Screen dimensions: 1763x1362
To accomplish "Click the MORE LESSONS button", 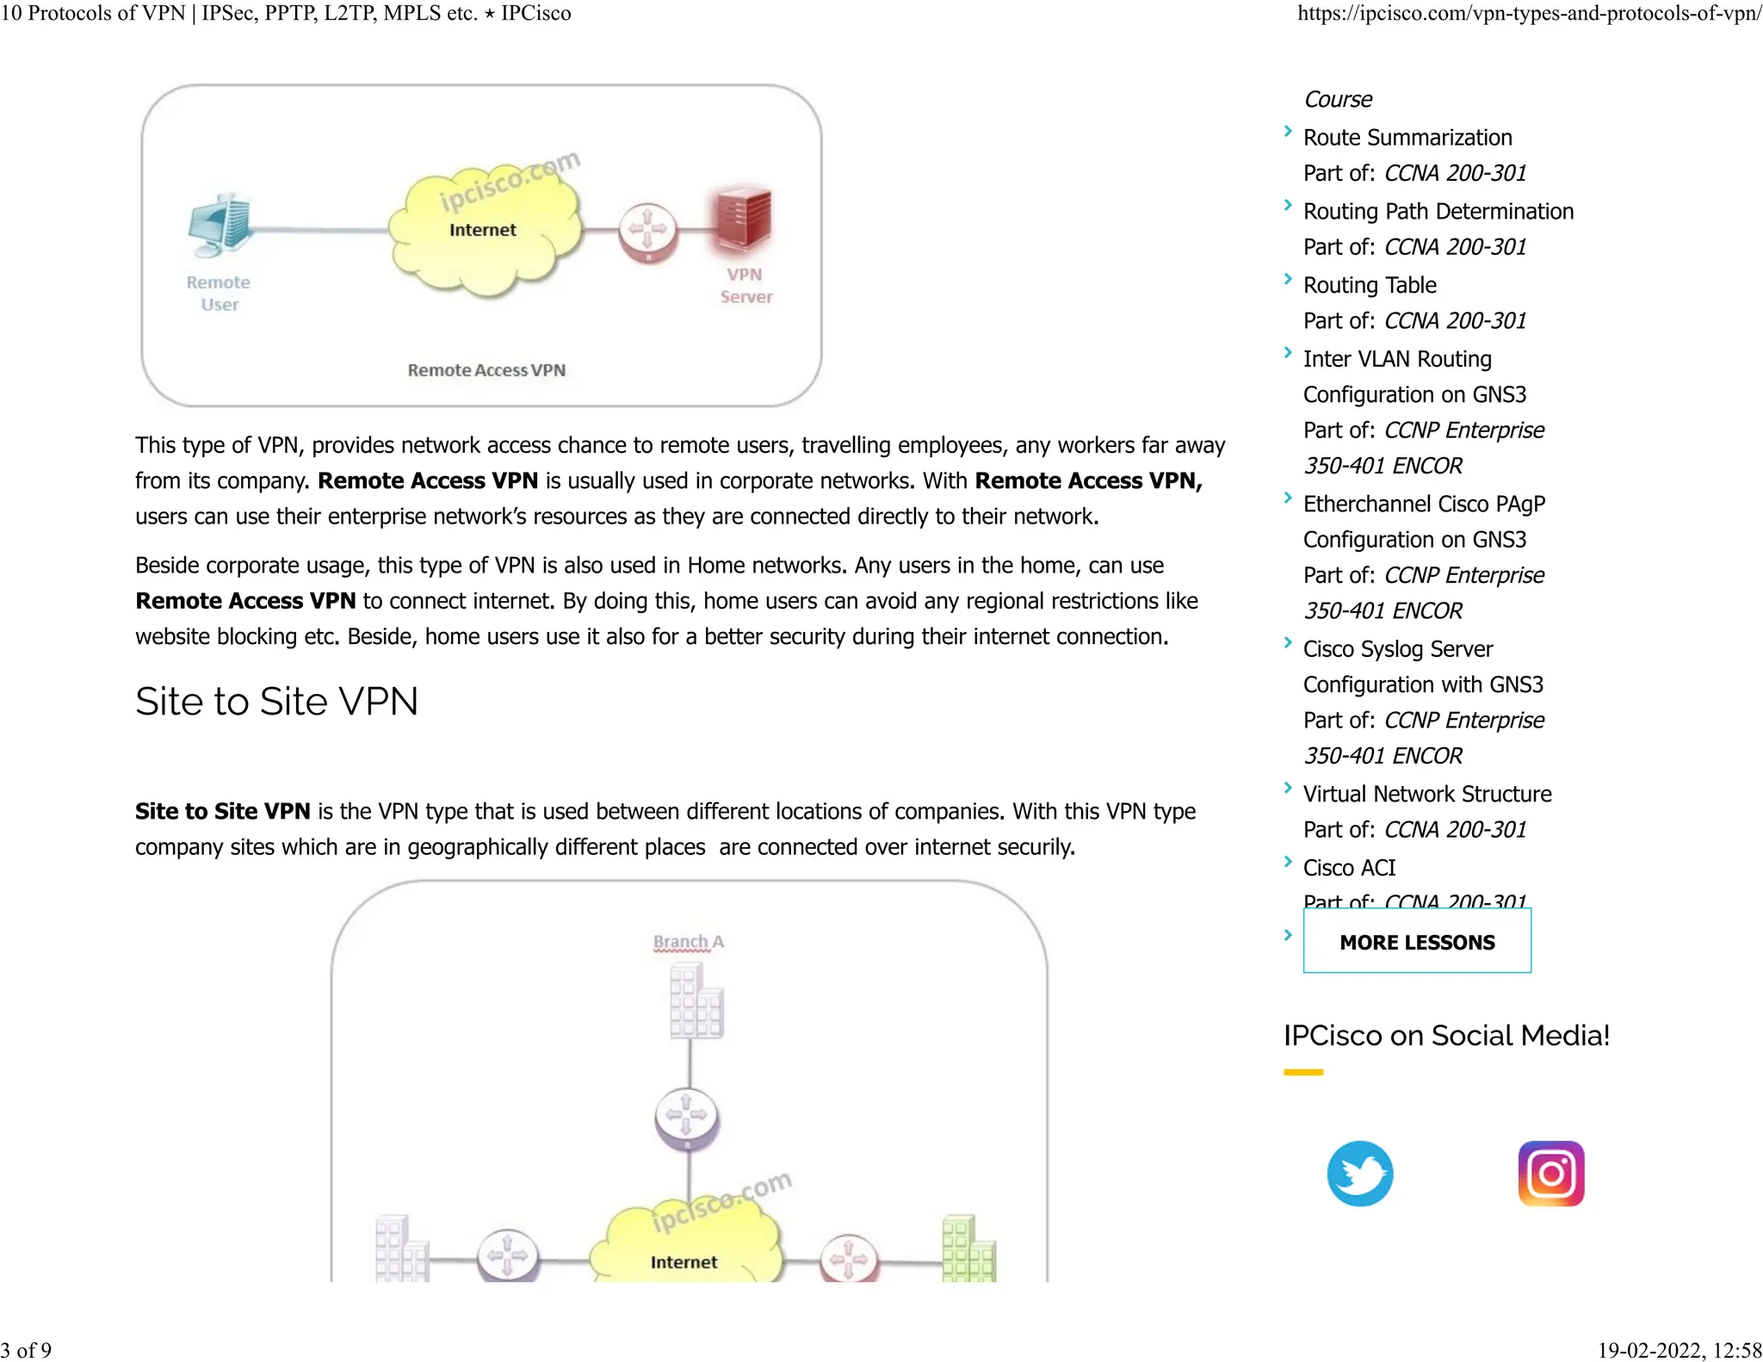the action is [x=1416, y=942].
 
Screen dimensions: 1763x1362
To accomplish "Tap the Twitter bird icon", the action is [x=1359, y=1173].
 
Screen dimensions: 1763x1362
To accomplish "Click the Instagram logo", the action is [x=1550, y=1173].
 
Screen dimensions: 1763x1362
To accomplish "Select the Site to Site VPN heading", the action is [x=276, y=701].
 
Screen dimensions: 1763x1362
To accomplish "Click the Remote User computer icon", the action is [x=220, y=225].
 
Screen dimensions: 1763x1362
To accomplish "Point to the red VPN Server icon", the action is [x=741, y=220].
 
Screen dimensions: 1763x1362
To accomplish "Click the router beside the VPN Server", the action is [x=647, y=231].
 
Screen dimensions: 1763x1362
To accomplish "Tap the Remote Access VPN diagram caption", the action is [x=486, y=370].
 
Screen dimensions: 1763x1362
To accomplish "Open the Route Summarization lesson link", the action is [x=1407, y=138].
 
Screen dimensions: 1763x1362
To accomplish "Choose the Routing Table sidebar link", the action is [x=1369, y=285].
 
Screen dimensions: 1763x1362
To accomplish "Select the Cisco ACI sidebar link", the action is [x=1349, y=868].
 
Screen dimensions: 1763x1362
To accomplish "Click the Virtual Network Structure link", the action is [x=1426, y=794].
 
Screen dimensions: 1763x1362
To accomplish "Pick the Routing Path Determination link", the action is [x=1438, y=212].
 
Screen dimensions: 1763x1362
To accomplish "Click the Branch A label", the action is [x=688, y=942].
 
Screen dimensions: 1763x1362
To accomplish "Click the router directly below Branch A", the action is [x=686, y=1117].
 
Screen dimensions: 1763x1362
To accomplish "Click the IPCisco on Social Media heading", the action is [x=1446, y=1035].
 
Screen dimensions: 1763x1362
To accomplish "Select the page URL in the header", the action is [x=1529, y=14].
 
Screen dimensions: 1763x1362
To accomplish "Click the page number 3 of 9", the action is [x=27, y=1350].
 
